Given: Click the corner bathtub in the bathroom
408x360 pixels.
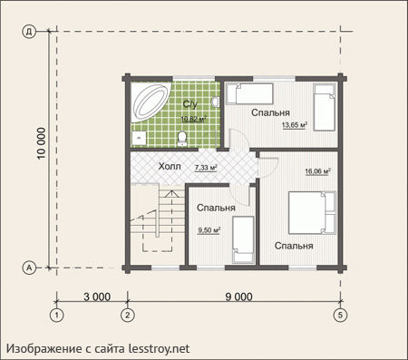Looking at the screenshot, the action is click(x=151, y=102).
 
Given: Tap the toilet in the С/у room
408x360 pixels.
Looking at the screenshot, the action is click(x=182, y=139).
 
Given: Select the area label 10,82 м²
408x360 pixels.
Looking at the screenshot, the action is click(x=193, y=119).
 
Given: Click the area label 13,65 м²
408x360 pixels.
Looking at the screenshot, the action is click(x=295, y=125).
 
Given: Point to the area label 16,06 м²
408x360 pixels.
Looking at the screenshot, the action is click(x=317, y=171).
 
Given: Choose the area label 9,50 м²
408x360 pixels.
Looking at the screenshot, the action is click(x=209, y=230).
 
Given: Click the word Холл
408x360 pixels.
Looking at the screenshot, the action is click(x=170, y=166).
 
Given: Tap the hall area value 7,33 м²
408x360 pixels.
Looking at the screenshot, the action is click(x=206, y=168).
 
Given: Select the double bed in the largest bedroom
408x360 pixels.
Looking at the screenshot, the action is click(x=313, y=212).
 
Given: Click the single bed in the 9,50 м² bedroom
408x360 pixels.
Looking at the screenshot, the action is click(x=243, y=239).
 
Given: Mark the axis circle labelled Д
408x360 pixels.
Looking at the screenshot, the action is click(x=29, y=32).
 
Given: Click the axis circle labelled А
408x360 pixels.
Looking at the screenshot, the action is click(x=29, y=268).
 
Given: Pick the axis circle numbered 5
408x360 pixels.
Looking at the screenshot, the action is click(x=341, y=316).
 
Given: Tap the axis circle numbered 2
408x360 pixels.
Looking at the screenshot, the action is click(x=127, y=316).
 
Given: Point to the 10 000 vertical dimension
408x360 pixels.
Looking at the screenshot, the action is click(x=42, y=143).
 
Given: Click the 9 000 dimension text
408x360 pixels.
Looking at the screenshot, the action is click(x=238, y=297).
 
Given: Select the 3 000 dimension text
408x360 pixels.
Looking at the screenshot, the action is click(x=97, y=297).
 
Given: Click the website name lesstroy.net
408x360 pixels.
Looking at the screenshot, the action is click(x=160, y=348).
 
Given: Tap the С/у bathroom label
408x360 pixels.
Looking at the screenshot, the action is click(x=190, y=104).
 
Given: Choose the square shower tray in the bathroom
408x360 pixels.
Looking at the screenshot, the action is click(x=139, y=139).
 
